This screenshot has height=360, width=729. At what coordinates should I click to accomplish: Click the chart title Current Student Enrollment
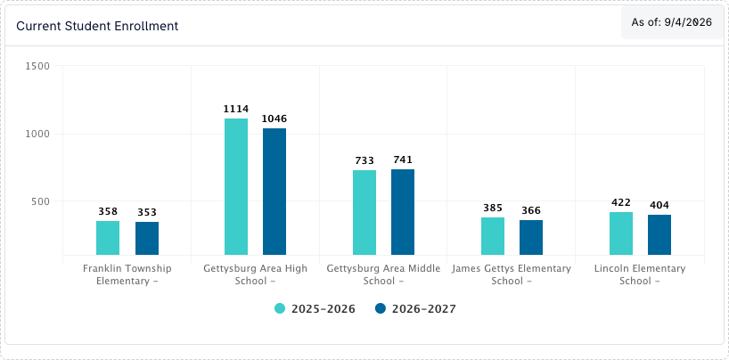point(97,26)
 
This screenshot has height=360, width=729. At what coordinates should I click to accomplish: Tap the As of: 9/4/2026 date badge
point(672,22)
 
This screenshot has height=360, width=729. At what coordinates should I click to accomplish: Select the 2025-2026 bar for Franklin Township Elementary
point(108,238)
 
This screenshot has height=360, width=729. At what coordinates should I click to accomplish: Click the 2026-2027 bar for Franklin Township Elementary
point(147,239)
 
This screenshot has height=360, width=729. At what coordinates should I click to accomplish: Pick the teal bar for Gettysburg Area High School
point(236,186)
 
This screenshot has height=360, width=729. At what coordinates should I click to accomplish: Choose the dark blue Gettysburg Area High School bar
point(274,192)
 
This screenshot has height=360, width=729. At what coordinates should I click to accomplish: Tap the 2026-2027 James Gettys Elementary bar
point(531,238)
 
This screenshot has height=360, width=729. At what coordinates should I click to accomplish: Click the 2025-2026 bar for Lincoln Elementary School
point(621,233)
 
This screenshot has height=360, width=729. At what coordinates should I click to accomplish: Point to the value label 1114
point(236,110)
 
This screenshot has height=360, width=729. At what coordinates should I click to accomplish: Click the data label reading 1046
point(274,119)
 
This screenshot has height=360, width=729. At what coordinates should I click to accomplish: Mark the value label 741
point(403,160)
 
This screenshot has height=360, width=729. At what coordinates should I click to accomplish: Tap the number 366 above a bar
point(531,210)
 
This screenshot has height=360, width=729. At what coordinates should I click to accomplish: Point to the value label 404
point(659,205)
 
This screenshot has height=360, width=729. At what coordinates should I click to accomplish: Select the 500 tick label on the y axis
point(41,201)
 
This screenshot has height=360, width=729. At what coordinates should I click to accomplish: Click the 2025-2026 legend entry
point(315,309)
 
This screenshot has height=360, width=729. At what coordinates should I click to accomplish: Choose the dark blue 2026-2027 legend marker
point(381,308)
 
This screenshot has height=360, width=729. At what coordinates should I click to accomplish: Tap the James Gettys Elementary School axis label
point(511,274)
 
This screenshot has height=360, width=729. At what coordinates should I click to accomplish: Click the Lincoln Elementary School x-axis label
point(640,274)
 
